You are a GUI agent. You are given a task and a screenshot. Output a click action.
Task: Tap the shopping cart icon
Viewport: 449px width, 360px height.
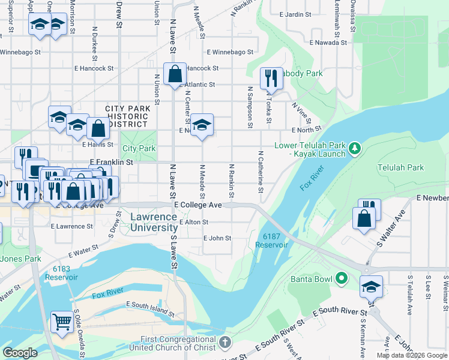click(62, 322)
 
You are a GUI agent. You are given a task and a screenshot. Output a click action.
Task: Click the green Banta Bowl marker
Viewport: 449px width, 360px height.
click(342, 278)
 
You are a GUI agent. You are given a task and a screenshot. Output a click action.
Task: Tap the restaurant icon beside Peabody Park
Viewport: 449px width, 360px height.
click(271, 78)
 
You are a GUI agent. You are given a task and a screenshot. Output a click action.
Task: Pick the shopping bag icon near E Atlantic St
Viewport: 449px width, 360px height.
click(175, 74)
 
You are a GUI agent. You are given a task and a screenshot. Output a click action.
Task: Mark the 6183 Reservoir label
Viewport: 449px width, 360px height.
click(65, 273)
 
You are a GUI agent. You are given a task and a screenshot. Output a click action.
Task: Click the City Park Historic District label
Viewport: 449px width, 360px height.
click(126, 116)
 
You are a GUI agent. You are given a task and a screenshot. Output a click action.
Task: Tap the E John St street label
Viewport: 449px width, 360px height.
click(217, 238)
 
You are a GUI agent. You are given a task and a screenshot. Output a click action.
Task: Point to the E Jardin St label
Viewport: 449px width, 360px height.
click(291, 14)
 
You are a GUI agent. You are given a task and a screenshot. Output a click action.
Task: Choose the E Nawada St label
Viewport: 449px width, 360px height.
click(328, 43)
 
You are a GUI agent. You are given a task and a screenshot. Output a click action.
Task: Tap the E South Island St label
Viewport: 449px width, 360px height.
click(151, 305)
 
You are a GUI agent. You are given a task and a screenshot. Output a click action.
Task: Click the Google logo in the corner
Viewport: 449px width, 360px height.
click(20, 352)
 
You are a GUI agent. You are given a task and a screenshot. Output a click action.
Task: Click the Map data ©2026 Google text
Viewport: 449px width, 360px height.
click(412, 355)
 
